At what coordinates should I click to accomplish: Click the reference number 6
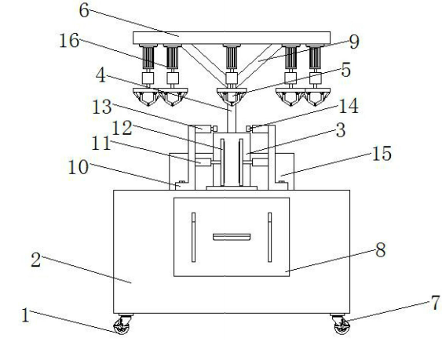coord(84,11)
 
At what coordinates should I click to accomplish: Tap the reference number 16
coord(69,41)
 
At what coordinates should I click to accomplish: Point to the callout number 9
coord(354,42)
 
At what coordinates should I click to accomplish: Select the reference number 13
coord(102,107)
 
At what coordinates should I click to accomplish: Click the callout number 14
coord(349,106)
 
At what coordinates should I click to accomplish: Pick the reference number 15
coord(382,154)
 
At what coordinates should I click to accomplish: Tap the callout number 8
coord(381,250)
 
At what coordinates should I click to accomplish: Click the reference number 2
coord(36,260)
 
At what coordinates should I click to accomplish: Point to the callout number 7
coord(435,303)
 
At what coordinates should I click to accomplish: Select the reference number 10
coord(79,167)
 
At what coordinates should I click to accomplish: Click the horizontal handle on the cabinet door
coord(232,237)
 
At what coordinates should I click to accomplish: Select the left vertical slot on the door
coord(193,237)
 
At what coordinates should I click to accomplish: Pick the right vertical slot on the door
coord(270,237)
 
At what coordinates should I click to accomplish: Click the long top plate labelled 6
coord(232,38)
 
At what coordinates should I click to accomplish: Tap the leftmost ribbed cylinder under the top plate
coord(148,57)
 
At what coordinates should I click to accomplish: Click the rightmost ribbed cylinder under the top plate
coord(316,57)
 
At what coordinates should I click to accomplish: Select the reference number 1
coord(26,315)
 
